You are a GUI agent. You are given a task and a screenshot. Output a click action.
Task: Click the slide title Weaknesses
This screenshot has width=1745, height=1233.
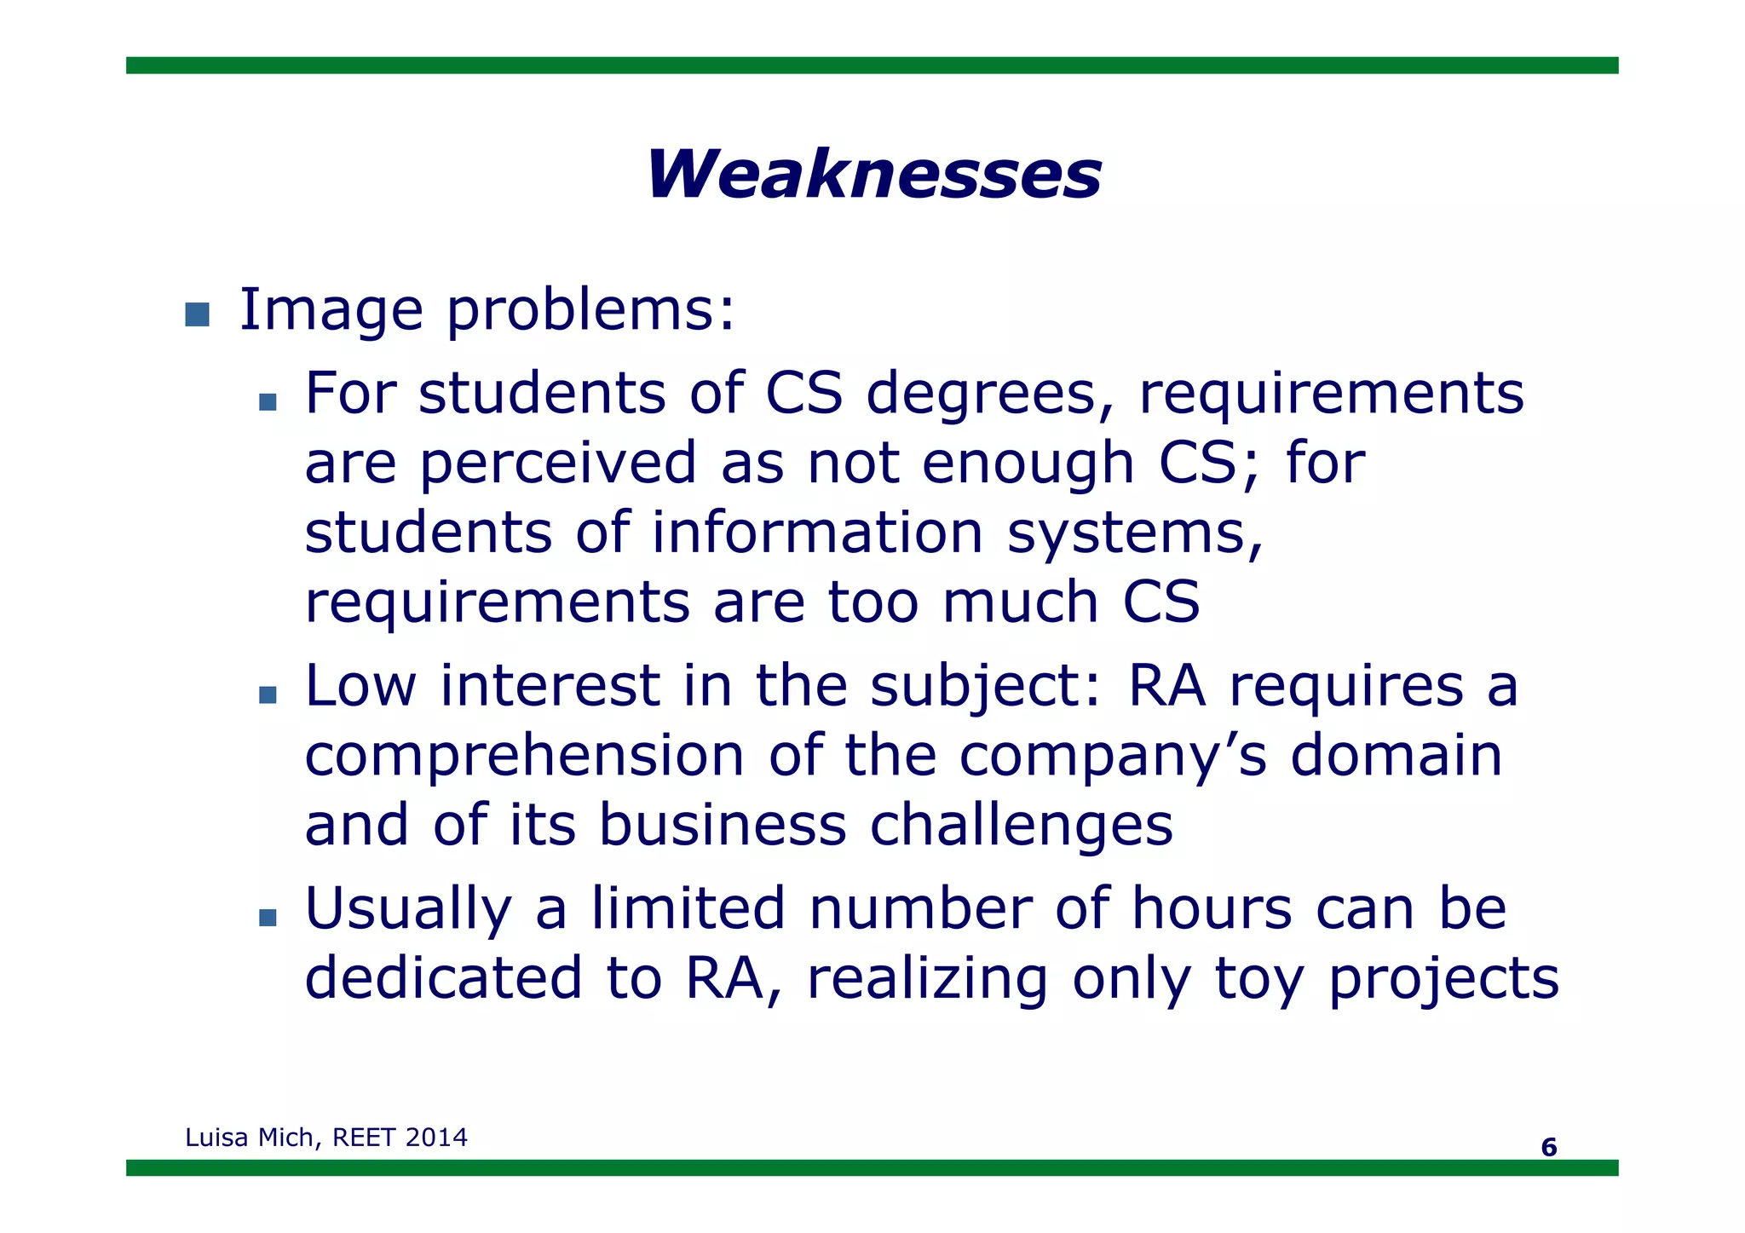pyautogui.click(x=873, y=175)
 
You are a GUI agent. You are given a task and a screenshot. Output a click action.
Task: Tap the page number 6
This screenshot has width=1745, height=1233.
pyautogui.click(x=1548, y=1147)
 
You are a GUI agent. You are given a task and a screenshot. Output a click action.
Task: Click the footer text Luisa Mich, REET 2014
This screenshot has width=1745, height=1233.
pyautogui.click(x=326, y=1138)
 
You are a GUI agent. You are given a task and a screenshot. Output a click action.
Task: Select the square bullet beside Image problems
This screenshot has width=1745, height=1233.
pyautogui.click(x=197, y=314)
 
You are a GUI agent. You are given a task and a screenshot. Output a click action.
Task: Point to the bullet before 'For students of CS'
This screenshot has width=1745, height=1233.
pyautogui.click(x=268, y=401)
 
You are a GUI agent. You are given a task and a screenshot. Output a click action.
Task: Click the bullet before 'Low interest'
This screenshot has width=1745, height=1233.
pyautogui.click(x=268, y=694)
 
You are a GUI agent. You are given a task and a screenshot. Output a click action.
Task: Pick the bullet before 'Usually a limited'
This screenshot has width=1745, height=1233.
pyautogui.click(x=268, y=917)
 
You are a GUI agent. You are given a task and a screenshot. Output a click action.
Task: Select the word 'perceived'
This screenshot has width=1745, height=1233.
pyautogui.click(x=559, y=464)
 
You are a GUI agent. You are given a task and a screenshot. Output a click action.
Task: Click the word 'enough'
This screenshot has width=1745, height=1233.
pyautogui.click(x=1028, y=464)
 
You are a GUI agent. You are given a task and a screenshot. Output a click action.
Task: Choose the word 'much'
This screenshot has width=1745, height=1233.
pyautogui.click(x=1021, y=602)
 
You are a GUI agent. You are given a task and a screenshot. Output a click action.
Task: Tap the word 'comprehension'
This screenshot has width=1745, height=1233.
pyautogui.click(x=525, y=757)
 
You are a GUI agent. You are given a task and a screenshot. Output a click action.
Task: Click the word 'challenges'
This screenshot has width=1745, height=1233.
pyautogui.click(x=1021, y=825)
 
